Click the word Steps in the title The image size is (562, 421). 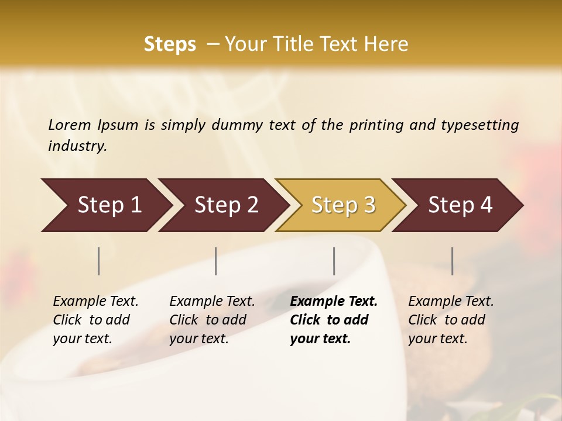(170, 44)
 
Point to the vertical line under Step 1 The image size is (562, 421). (99, 261)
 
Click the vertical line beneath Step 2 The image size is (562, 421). (216, 261)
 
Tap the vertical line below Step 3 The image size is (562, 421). (334, 261)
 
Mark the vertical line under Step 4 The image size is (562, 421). (453, 261)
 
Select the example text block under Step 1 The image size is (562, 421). (95, 319)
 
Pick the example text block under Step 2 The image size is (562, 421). (212, 319)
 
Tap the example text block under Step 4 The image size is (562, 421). (451, 319)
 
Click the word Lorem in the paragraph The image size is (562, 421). (70, 125)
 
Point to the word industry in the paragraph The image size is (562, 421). (77, 146)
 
